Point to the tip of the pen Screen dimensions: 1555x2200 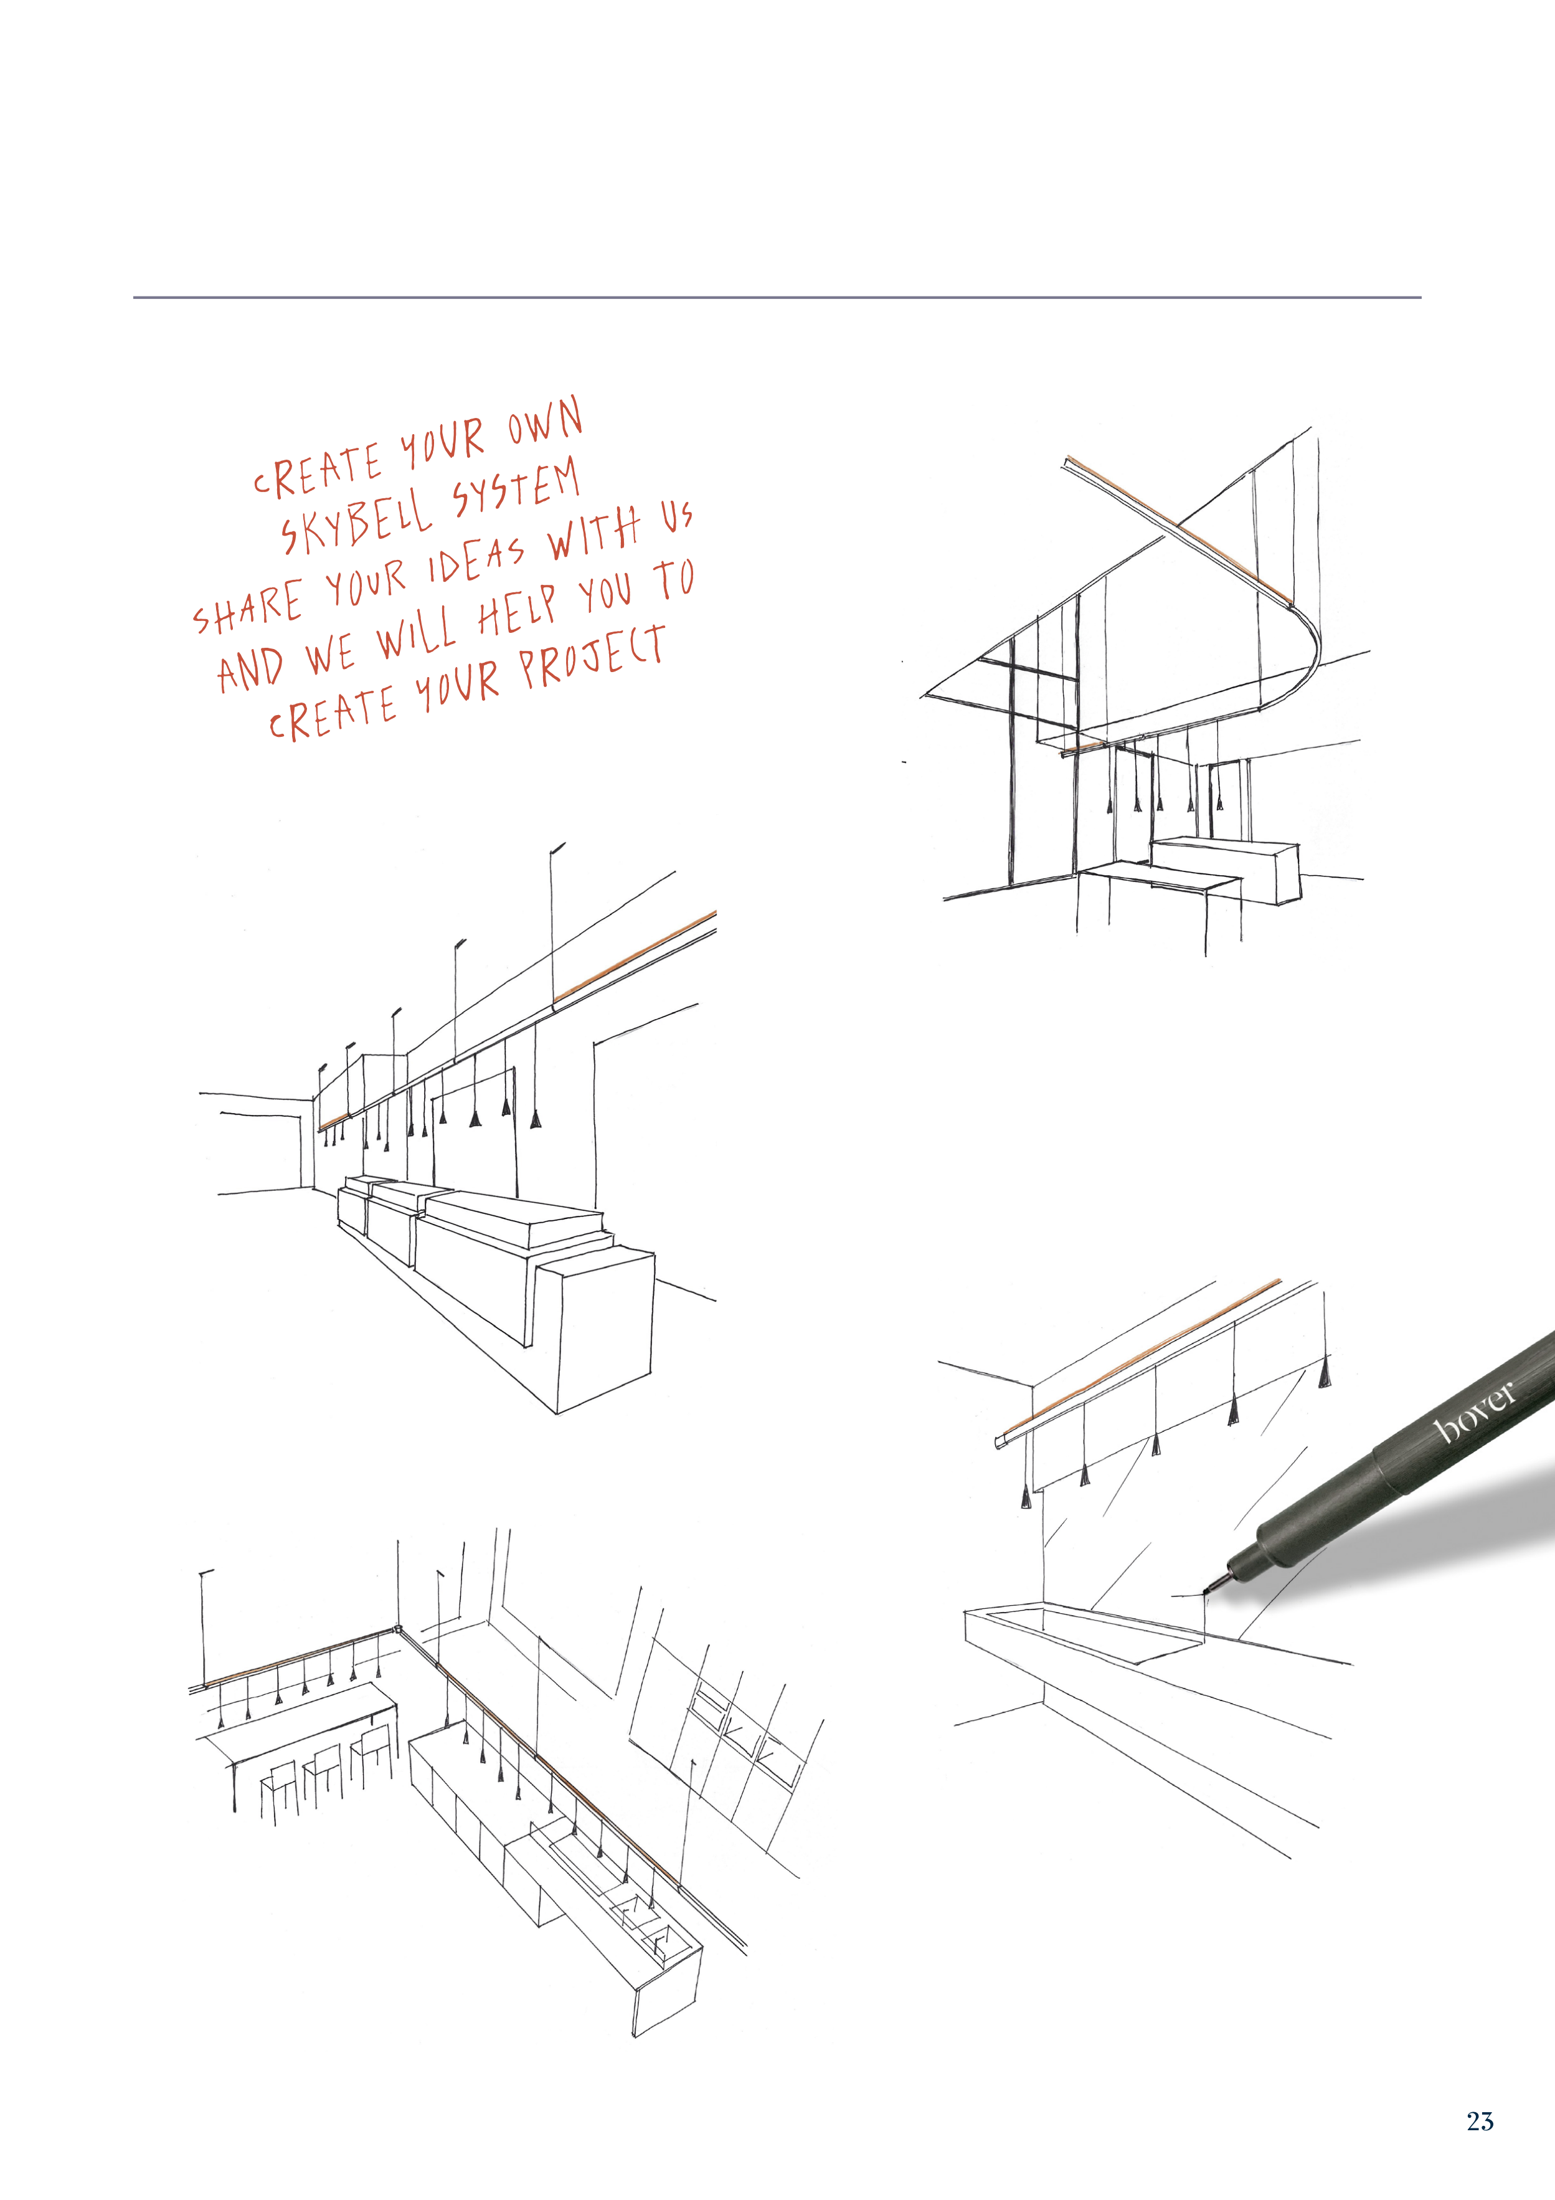[x=1204, y=1593]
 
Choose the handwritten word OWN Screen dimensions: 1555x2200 [x=544, y=422]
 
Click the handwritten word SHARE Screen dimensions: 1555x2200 [x=248, y=607]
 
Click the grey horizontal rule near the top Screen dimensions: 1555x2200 [x=777, y=297]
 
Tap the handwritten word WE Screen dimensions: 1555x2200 [x=331, y=655]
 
